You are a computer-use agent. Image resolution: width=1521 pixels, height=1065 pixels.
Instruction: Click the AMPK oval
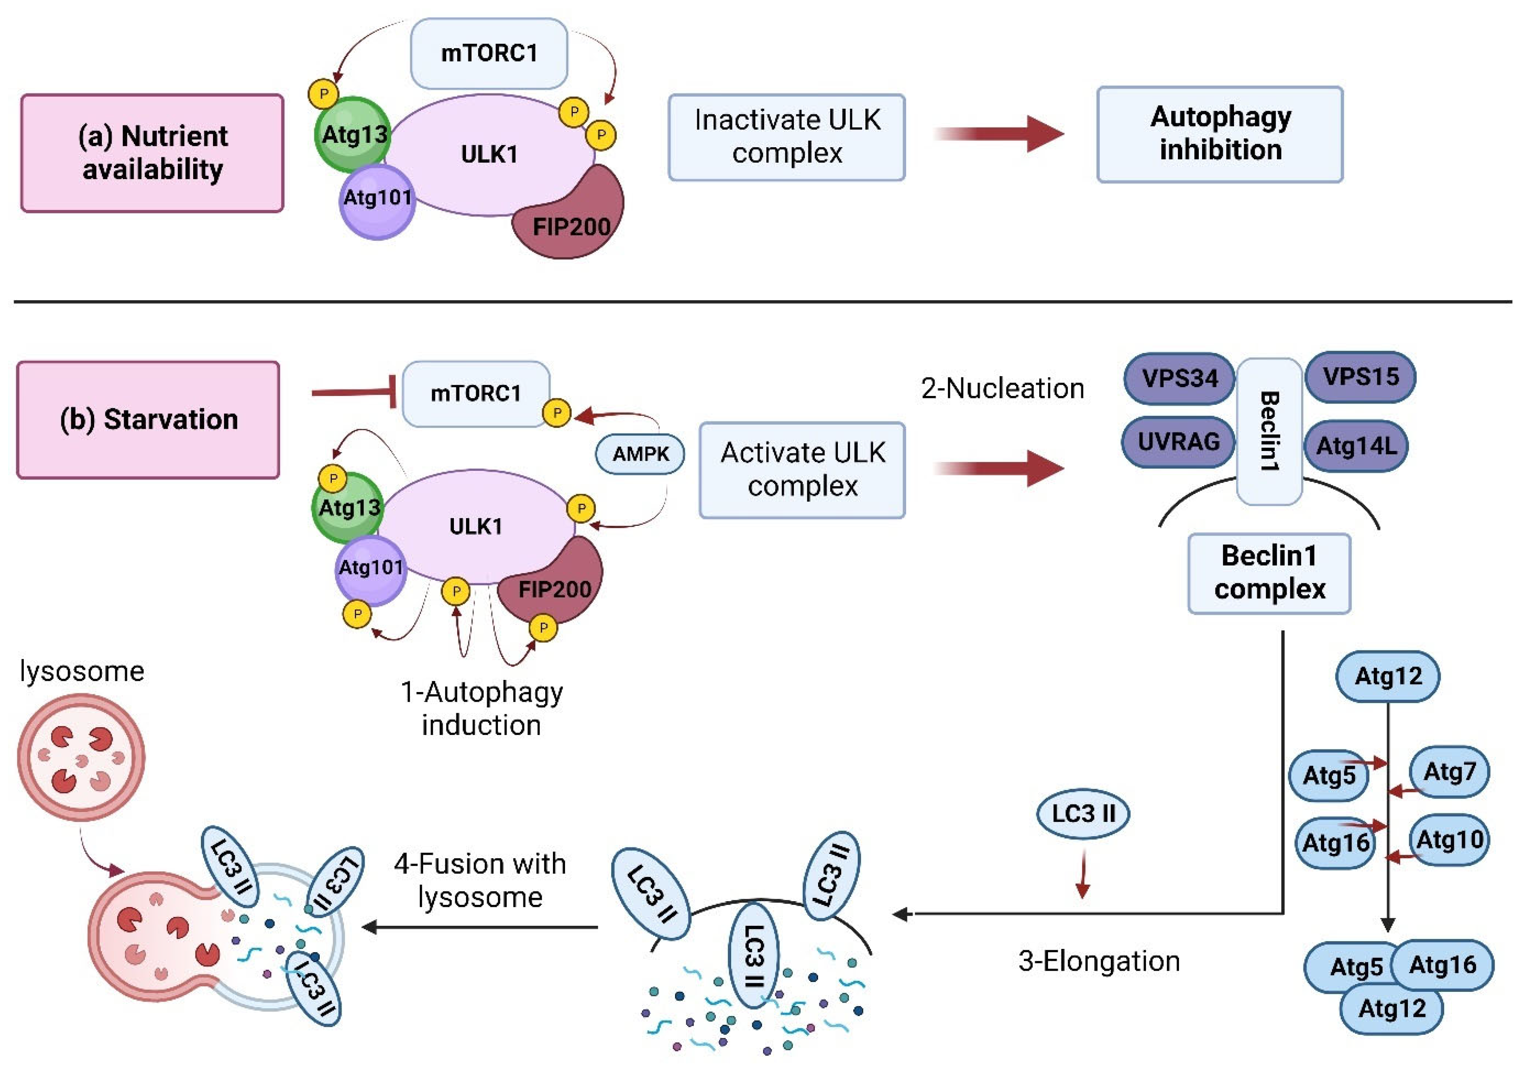640,454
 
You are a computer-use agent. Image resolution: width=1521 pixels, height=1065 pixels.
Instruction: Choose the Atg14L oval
1356,445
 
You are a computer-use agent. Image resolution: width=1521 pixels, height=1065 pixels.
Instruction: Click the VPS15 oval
1360,377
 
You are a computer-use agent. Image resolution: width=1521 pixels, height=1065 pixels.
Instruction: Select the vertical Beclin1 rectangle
1269,431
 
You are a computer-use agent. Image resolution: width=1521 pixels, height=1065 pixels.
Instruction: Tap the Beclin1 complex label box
1269,573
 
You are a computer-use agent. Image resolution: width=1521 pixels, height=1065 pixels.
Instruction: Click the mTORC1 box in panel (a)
489,53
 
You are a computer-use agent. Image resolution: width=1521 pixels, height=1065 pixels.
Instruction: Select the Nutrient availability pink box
152,152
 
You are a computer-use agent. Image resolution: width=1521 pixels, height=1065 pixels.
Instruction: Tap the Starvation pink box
148,419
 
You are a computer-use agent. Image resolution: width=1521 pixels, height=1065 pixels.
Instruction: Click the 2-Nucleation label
1002,388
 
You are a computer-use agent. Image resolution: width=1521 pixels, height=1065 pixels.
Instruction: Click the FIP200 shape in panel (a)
572,219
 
